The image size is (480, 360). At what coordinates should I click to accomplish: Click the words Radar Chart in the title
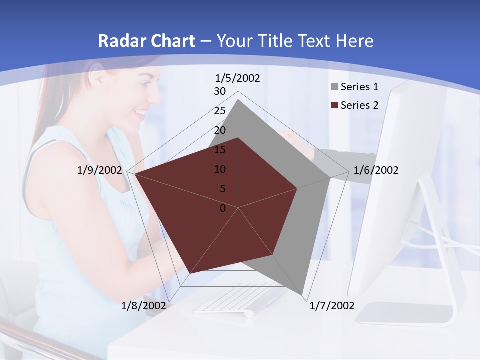click(x=146, y=41)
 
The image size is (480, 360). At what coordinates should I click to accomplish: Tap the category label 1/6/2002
click(x=376, y=170)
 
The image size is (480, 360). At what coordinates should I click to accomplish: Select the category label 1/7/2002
click(x=332, y=305)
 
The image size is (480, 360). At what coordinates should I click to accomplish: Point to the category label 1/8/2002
click(x=144, y=305)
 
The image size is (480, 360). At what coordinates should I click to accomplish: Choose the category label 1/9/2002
click(x=100, y=170)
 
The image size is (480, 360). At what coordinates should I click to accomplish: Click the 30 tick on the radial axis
click(x=220, y=91)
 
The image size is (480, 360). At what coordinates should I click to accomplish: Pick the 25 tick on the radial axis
click(x=220, y=111)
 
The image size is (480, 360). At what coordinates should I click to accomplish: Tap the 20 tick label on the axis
click(x=220, y=130)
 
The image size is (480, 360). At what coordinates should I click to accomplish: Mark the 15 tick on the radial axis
click(x=220, y=150)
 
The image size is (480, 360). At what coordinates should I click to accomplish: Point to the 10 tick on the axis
click(x=220, y=169)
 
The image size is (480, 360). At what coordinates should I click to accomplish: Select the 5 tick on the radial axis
click(x=222, y=189)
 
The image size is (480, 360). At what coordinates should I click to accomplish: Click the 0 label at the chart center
click(x=223, y=208)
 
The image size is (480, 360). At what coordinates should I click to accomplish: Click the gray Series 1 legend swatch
click(x=334, y=87)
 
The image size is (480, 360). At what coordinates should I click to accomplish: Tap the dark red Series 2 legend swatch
click(x=334, y=105)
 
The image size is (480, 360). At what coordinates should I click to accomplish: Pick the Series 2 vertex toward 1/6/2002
click(x=297, y=188)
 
